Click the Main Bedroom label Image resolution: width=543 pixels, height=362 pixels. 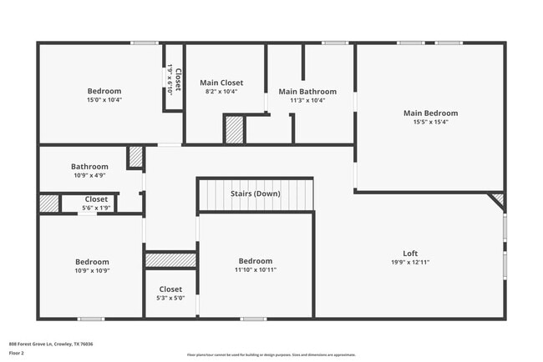pos(430,113)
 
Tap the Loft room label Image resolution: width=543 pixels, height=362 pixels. pos(410,254)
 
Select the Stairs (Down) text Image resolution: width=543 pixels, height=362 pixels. pos(256,194)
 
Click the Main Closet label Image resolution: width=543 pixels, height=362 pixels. pos(221,83)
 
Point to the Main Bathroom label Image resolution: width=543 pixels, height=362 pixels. pos(307,92)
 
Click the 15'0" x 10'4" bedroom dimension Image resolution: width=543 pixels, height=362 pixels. pos(104,100)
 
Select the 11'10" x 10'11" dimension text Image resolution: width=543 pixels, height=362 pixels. pos(256,269)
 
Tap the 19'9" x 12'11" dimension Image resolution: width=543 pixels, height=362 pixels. pos(410,262)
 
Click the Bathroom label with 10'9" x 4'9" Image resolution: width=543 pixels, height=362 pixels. pos(89,167)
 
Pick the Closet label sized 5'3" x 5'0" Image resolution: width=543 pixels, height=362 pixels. pos(170,289)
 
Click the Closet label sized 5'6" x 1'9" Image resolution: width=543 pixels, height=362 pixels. pos(96,199)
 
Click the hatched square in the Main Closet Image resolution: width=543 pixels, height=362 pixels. pos(234,130)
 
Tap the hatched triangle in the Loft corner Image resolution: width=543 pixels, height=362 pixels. pos(499,199)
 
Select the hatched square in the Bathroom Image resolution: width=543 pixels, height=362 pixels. pos(135,158)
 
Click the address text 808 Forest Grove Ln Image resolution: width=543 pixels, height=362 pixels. pos(51,344)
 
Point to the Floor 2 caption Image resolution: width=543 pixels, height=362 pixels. pos(17,353)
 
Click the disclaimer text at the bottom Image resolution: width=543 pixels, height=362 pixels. pos(271,354)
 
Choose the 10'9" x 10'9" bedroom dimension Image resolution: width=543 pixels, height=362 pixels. pos(93,270)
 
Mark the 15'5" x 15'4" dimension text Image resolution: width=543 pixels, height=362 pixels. pos(430,122)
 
